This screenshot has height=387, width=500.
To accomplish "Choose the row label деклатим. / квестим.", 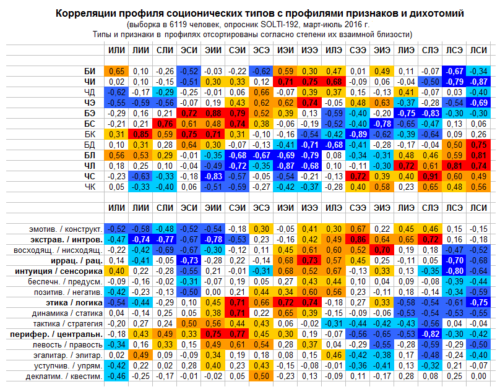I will (x=63, y=376).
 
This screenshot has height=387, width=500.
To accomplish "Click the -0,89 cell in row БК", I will (x=357, y=134).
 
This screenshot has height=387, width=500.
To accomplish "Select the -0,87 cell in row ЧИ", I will (x=478, y=82).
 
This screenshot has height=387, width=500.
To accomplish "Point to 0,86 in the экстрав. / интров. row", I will (x=357, y=240).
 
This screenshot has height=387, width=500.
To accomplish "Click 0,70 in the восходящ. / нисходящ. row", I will (x=381, y=250).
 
